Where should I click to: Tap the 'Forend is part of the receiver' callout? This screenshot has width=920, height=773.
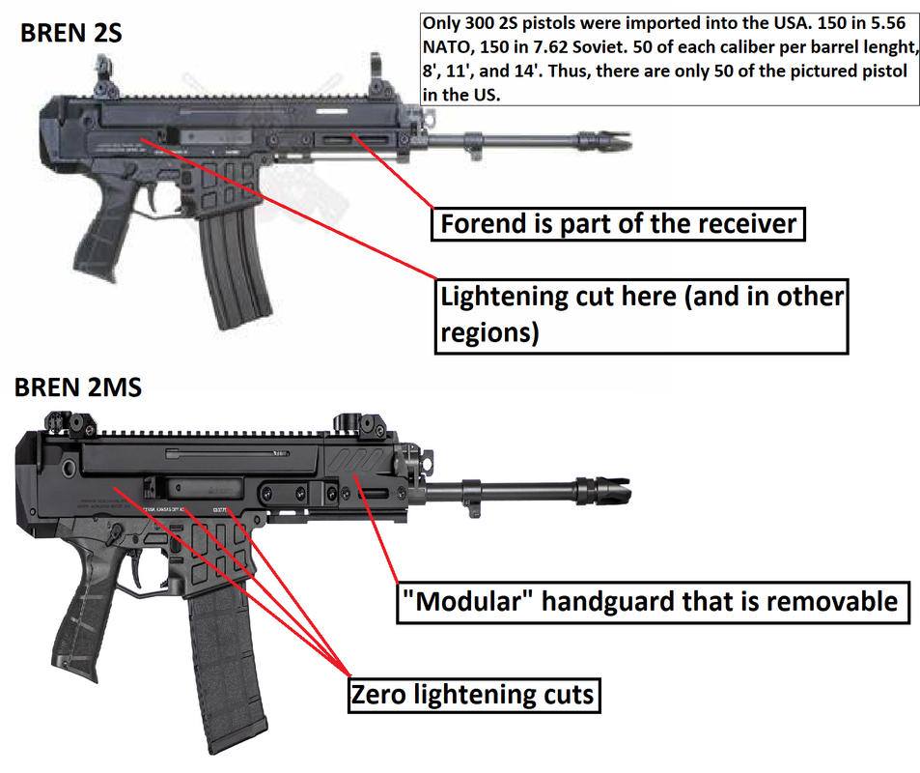click(618, 224)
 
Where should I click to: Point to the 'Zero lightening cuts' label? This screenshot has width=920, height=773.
click(471, 693)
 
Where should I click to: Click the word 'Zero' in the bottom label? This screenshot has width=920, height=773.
click(380, 693)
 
